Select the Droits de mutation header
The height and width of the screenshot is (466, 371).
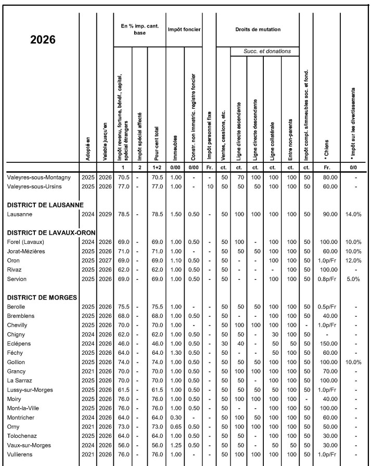258,30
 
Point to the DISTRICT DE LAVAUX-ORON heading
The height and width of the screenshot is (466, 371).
47,232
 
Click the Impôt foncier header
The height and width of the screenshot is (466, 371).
184,30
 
